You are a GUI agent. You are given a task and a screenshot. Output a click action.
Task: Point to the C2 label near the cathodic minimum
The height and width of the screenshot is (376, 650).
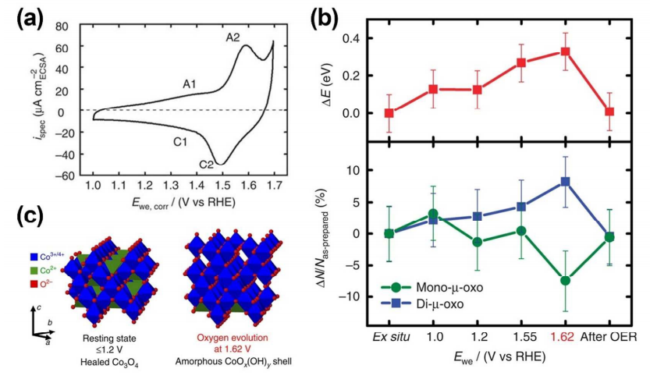point(206,165)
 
